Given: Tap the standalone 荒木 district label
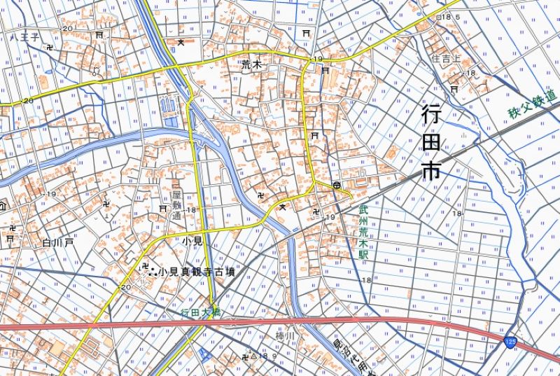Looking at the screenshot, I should tap(251, 64).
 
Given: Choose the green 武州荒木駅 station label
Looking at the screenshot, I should tap(363, 231).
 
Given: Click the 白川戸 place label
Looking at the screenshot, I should tap(57, 242).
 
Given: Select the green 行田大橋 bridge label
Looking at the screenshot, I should tap(200, 313).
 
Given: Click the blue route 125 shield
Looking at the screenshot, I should tap(510, 340).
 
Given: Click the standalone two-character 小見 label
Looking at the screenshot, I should tap(191, 240).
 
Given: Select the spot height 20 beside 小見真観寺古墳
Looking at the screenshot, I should tap(126, 288).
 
